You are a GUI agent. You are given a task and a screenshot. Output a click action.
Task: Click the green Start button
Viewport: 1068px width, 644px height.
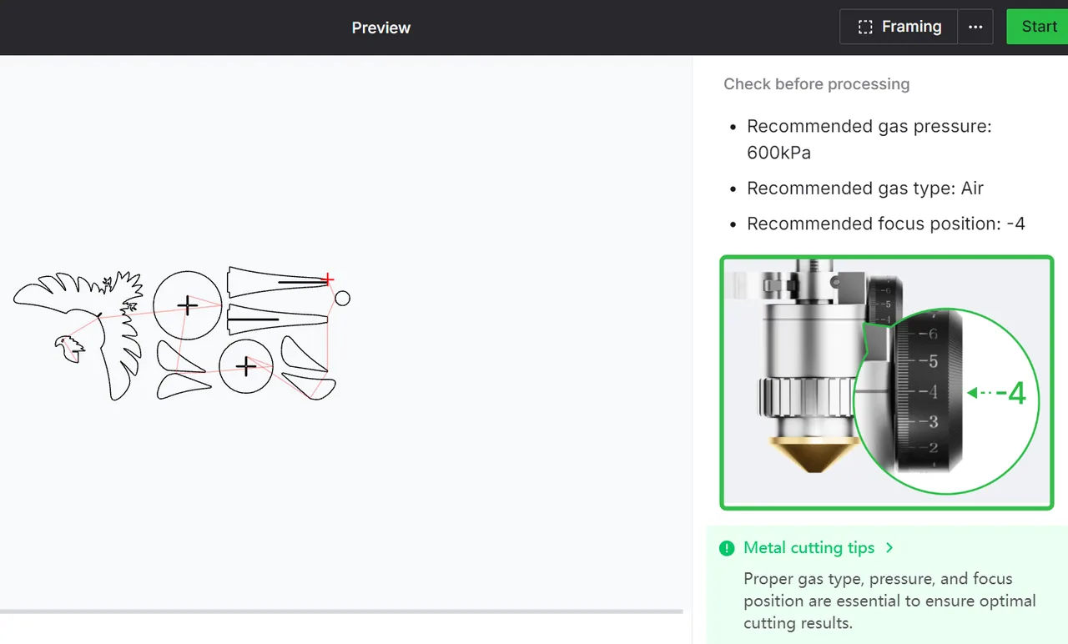1037,27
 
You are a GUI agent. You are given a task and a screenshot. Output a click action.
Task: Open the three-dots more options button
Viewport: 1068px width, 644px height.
975,27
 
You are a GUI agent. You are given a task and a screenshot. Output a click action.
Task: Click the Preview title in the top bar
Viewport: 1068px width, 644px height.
381,28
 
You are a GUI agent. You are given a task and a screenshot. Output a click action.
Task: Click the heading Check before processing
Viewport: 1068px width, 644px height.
816,84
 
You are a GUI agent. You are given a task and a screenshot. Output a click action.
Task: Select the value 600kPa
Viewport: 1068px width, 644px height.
778,153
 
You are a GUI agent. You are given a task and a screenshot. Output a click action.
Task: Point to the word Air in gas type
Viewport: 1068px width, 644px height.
972,188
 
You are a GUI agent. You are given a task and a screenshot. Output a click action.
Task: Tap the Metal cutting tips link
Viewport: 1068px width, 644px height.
809,548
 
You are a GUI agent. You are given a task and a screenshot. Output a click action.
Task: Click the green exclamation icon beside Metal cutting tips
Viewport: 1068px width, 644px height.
727,548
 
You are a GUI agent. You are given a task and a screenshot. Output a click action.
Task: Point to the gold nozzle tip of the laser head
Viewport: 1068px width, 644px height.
814,455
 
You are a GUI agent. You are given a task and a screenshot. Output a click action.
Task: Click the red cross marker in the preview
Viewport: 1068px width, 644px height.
328,279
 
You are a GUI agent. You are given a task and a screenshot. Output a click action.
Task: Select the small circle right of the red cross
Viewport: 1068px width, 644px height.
342,299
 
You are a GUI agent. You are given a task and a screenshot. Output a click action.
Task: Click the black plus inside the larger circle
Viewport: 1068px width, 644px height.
188,305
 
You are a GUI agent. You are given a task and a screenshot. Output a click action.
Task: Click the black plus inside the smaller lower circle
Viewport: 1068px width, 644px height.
246,366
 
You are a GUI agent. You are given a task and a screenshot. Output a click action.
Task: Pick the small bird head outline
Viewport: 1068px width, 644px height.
69,349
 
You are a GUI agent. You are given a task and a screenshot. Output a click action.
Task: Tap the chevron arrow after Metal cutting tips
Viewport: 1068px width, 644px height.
889,548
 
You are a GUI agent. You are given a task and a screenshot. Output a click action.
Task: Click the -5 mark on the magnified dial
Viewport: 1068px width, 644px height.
929,361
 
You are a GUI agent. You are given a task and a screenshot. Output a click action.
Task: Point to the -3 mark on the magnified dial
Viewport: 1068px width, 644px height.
929,422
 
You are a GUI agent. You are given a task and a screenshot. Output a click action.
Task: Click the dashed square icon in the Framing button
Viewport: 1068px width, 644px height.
865,27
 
